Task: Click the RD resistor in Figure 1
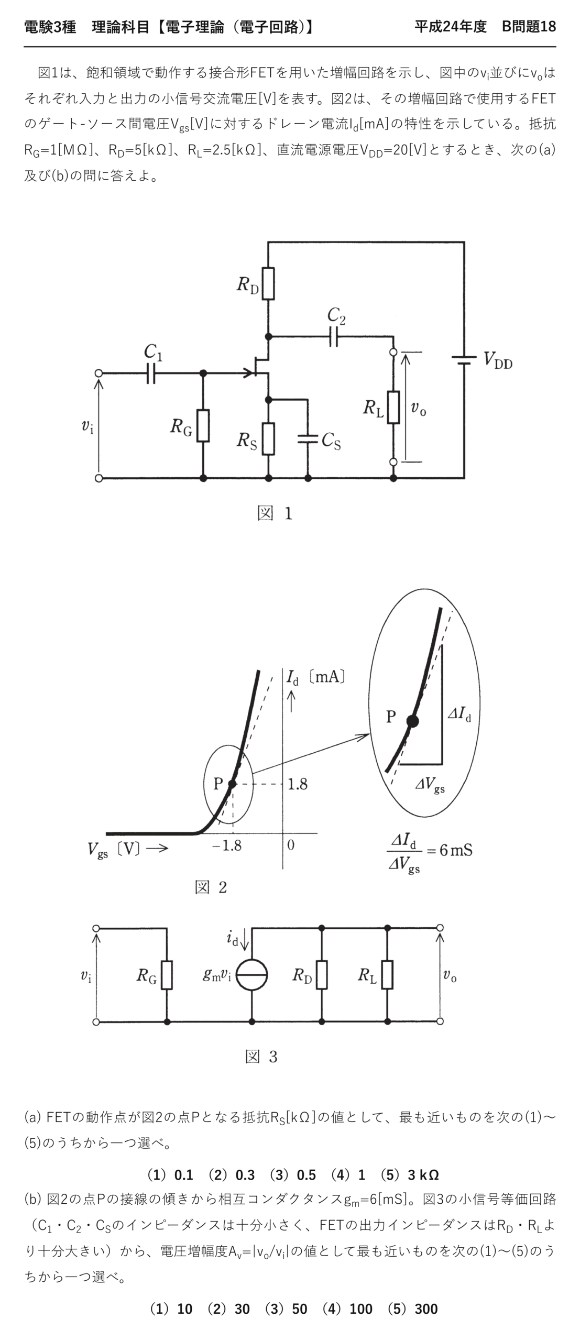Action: pos(268,283)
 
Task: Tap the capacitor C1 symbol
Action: pos(151,373)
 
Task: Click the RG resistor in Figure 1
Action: pos(203,425)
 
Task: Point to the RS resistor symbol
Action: pos(268,438)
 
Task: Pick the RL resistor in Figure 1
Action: pos(393,407)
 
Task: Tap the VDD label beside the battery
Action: pos(498,360)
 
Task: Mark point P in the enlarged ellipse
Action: pos(413,721)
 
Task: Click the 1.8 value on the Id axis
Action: pos(298,784)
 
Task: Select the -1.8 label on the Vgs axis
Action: pos(227,845)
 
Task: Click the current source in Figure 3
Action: pos(252,975)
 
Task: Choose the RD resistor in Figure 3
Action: pos(322,974)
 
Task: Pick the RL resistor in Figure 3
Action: pos(387,974)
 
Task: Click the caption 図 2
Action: pos(211,887)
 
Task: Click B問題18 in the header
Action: pos(529,27)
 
